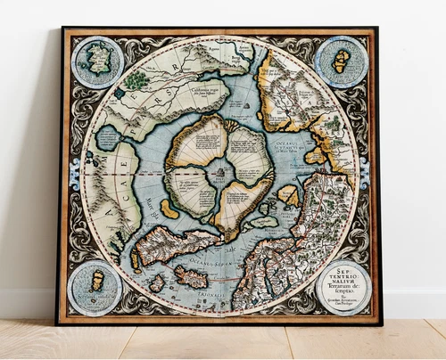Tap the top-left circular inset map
pyautogui.click(x=97, y=61)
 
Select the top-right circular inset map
pyautogui.click(x=341, y=61)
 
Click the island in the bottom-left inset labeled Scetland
pyautogui.click(x=97, y=282)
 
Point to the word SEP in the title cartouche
pyautogui.click(x=341, y=267)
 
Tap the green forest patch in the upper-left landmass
pyautogui.click(x=136, y=80)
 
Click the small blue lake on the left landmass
pyautogui.click(x=107, y=138)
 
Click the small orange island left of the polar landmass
pyautogui.click(x=169, y=209)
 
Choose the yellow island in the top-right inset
pyautogui.click(x=341, y=61)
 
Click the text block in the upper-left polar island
pyautogui.click(x=196, y=143)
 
